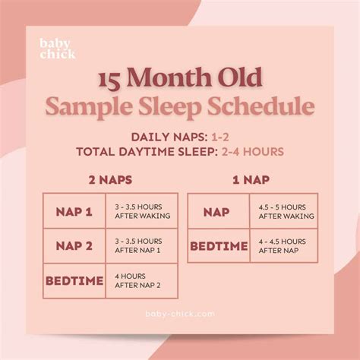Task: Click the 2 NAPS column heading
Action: pyautogui.click(x=111, y=182)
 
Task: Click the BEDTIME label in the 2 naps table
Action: pyautogui.click(x=74, y=281)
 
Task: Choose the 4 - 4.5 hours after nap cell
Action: pyautogui.click(x=282, y=246)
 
